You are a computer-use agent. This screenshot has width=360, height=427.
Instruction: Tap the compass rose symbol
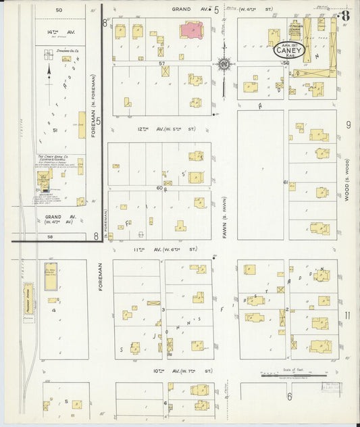point(223,65)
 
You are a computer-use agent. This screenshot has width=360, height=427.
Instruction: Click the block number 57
point(162,63)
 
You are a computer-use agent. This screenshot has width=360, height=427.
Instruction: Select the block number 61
point(286,182)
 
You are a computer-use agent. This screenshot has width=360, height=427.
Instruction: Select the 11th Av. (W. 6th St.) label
point(162,249)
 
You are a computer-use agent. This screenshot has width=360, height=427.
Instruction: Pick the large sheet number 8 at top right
point(345,16)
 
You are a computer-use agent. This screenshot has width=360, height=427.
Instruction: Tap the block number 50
point(59,10)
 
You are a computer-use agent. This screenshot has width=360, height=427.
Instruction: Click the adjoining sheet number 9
point(349,124)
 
